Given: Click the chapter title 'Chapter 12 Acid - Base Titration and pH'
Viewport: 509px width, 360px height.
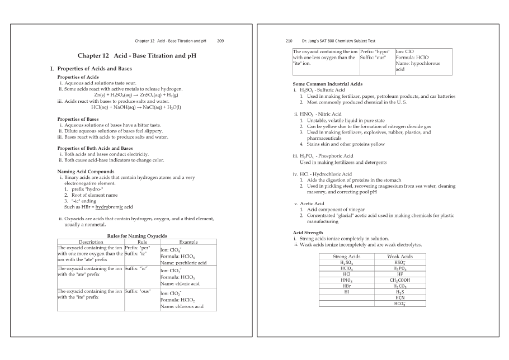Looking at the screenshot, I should click(136, 56).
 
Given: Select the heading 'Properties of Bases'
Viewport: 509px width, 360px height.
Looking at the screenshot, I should click(78, 119).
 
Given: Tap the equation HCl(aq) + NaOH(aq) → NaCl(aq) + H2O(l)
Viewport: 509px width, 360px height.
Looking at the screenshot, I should click(136, 107).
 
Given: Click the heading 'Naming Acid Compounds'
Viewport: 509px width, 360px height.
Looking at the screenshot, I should click(86, 171).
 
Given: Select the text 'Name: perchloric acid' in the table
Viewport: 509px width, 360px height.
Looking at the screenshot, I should click(183, 263).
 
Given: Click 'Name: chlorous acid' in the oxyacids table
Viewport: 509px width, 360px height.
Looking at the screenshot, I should click(181, 306).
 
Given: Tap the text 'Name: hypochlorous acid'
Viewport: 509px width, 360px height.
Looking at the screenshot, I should click(417, 67).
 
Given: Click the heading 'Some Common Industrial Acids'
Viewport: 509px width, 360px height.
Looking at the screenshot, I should click(327, 84).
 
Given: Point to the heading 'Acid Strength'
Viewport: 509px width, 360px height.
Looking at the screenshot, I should click(308, 233).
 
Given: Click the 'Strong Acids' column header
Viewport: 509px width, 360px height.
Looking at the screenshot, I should click(346, 257).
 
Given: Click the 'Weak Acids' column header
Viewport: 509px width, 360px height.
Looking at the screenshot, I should click(399, 257).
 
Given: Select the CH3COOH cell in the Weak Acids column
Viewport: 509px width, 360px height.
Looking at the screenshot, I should click(399, 281).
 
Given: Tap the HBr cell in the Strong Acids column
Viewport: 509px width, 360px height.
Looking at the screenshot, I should click(346, 286).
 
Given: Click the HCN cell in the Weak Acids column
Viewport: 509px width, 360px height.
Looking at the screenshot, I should click(399, 298).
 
